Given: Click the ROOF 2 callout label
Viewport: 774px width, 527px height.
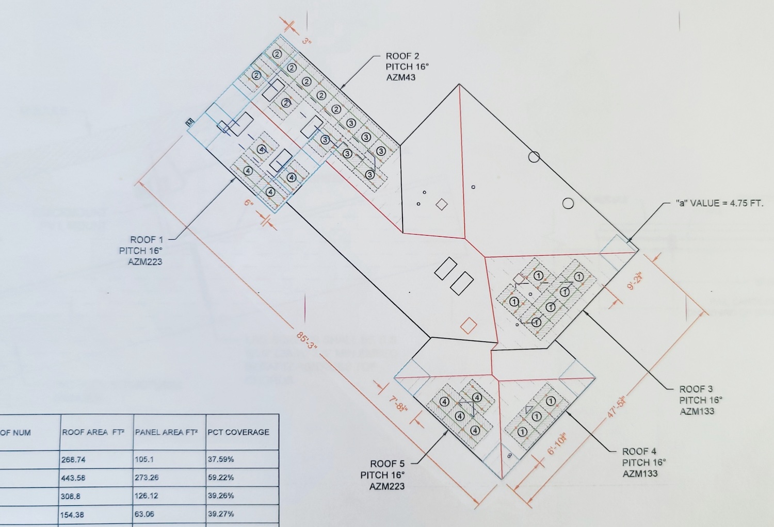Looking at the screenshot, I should click(407, 67).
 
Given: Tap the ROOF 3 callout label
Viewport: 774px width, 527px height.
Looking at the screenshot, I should click(700, 400).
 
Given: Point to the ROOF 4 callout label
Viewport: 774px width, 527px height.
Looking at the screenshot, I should click(643, 463).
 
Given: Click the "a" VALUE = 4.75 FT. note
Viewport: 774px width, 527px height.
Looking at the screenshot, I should click(719, 203).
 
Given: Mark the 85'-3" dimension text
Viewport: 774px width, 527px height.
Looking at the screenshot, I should click(306, 341).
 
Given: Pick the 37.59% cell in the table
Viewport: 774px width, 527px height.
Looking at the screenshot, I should click(221, 459).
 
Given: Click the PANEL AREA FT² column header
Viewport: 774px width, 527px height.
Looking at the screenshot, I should click(166, 432).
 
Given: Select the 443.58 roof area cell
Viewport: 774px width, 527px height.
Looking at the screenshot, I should click(73, 478).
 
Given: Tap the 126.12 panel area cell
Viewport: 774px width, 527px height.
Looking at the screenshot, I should click(147, 496).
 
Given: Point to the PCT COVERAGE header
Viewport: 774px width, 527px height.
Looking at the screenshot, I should click(238, 432).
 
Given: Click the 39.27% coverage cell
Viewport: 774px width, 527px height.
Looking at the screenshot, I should click(221, 514).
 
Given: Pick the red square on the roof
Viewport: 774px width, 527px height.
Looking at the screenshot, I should click(468, 326).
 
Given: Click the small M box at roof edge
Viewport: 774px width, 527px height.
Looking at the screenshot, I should click(190, 122).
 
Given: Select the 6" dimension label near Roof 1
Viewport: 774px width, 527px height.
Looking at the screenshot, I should click(249, 203).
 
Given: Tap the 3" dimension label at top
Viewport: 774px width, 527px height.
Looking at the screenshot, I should click(307, 41).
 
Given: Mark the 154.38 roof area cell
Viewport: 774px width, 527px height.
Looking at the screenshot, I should click(72, 515).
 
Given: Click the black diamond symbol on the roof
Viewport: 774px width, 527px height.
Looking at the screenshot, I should click(441, 205).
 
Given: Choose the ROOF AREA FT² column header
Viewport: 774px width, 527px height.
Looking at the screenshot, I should click(93, 432).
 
